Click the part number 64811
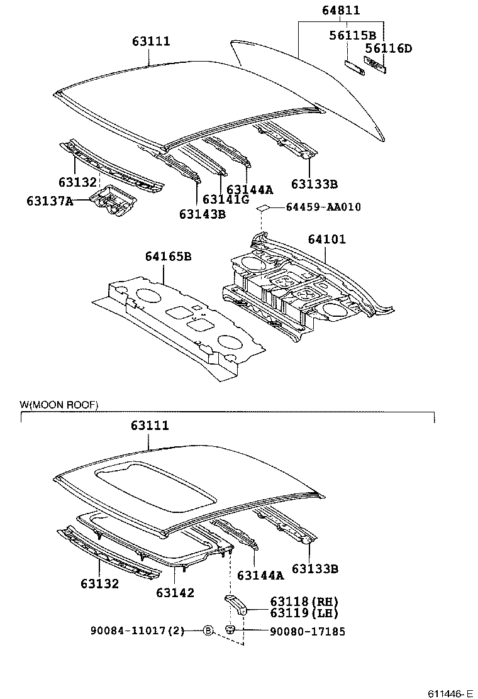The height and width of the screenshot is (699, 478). (x=342, y=11)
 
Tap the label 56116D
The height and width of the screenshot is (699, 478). (x=389, y=48)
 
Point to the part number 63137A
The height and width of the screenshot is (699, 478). (x=50, y=201)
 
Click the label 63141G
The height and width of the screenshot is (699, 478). (x=226, y=200)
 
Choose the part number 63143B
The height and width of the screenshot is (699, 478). (x=202, y=214)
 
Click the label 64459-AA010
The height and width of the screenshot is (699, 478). (x=323, y=207)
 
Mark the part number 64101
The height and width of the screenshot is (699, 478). (x=326, y=239)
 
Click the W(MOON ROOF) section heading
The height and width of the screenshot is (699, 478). (x=59, y=405)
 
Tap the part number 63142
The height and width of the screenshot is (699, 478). (x=175, y=592)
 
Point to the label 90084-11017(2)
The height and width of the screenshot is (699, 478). (x=137, y=631)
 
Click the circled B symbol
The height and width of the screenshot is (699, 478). (x=208, y=630)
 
